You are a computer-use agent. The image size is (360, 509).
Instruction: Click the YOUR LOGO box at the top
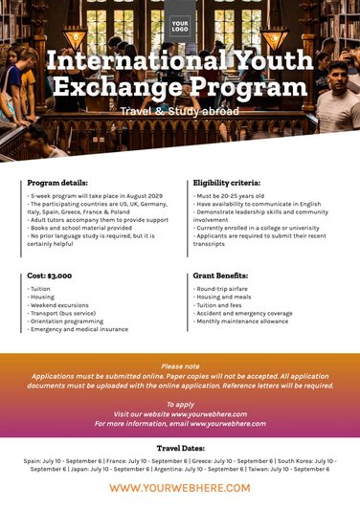click(179, 26)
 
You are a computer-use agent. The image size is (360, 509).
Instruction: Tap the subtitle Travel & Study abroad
click(179, 111)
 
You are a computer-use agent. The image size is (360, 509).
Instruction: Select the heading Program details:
click(57, 182)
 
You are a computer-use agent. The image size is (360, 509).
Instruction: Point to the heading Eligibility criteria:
click(226, 182)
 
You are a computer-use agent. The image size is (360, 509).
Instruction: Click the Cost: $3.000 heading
click(50, 276)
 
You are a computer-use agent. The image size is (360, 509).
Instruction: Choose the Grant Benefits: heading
click(221, 276)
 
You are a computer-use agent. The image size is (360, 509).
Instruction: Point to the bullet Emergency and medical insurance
click(79, 329)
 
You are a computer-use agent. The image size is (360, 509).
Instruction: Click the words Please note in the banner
click(180, 366)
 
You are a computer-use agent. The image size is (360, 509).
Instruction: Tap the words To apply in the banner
click(180, 404)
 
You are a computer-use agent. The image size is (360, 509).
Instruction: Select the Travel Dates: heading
click(180, 448)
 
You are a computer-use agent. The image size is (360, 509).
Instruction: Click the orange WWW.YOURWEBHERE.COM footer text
click(180, 488)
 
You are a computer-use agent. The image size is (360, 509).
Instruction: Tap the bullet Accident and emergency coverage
click(243, 313)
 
